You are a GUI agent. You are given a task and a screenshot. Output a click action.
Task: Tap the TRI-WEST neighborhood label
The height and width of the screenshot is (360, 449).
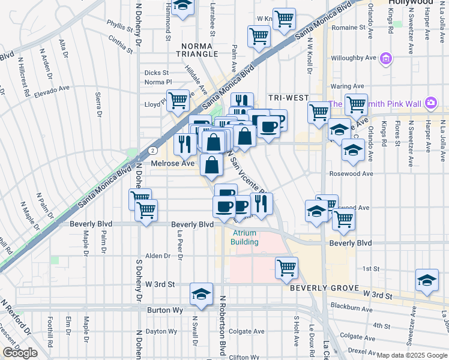pos(288,98)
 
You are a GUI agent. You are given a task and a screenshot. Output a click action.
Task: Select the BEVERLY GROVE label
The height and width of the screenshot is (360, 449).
pos(324,288)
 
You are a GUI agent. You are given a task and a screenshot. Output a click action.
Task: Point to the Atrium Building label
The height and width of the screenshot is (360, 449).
pos(244,238)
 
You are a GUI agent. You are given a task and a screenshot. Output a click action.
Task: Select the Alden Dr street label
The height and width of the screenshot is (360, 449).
pos(158,256)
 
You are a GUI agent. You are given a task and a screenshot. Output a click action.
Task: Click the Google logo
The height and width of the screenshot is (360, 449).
pos(20,353)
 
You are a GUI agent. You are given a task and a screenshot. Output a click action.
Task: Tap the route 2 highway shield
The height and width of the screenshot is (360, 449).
pos(154,150)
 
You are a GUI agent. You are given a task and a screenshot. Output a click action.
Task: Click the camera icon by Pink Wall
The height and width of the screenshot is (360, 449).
pos(430,103)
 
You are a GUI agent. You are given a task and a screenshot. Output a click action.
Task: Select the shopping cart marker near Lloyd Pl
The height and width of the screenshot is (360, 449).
pos(178,101)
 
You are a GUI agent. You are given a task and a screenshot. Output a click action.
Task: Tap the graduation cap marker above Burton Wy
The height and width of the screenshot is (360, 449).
pos(202,293)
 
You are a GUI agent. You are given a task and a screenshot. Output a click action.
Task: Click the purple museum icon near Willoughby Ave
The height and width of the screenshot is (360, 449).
pos(386,58)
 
